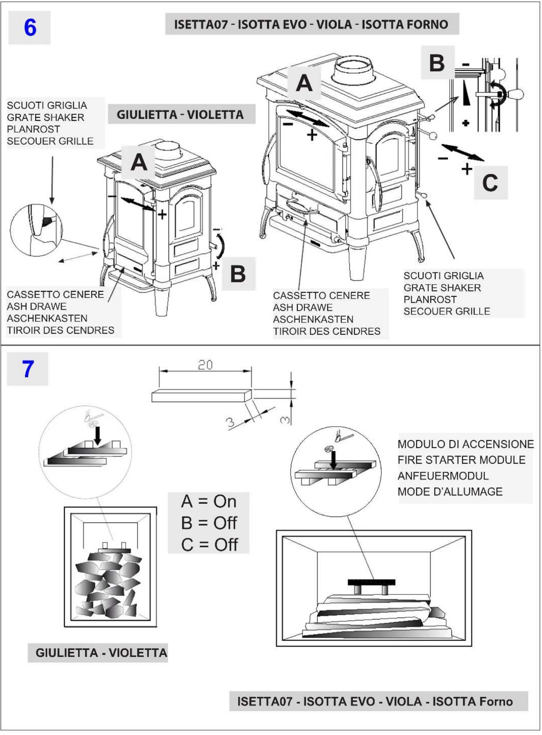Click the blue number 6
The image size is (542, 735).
click(30, 27)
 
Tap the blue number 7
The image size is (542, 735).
click(28, 369)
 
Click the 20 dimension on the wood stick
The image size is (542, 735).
click(205, 364)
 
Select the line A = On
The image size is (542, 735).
click(209, 501)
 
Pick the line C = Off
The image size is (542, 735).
click(209, 545)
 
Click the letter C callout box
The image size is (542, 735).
click(490, 183)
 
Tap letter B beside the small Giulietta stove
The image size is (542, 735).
click(238, 274)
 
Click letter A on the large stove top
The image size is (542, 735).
click(304, 83)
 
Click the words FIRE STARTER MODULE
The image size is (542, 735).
click(461, 460)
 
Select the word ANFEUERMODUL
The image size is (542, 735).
click(443, 476)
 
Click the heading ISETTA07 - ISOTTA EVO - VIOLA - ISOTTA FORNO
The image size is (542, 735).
click(311, 24)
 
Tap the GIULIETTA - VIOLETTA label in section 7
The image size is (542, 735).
click(101, 652)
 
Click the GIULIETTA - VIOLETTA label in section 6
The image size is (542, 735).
click(180, 114)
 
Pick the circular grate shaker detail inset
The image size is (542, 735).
click(36, 230)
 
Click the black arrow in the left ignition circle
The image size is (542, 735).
click(97, 435)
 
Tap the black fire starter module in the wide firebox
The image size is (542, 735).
click(371, 582)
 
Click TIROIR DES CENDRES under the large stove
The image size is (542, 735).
click(326, 331)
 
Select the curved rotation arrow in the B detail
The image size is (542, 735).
click(499, 93)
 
